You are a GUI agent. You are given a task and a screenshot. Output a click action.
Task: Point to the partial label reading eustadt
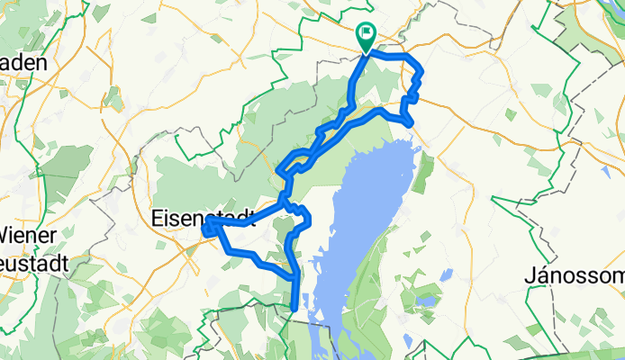[x=30, y=268]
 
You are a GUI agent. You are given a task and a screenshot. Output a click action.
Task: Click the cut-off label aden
[x=29, y=65]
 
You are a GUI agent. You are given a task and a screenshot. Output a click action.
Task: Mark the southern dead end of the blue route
[x=295, y=310]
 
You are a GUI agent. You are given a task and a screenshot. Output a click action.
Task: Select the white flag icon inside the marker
[x=367, y=36]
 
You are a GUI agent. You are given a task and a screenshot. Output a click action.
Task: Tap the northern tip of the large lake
[x=413, y=145]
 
